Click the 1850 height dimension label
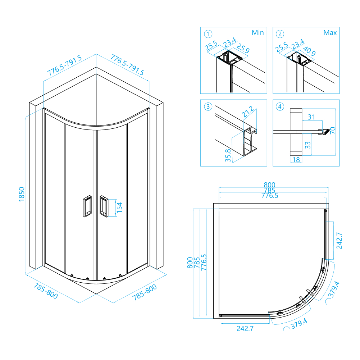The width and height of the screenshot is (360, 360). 21,194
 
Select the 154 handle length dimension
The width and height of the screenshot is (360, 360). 120,208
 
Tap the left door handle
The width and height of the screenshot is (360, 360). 86,206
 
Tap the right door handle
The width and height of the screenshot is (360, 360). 104,206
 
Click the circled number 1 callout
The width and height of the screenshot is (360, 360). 208,34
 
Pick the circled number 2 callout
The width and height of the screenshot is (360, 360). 280,34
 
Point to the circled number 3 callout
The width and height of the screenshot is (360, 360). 208,106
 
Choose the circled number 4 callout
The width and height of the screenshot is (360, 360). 280,106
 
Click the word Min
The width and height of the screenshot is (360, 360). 258,33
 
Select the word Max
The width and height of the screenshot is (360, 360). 330,33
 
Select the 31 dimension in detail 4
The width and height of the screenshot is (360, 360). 311,117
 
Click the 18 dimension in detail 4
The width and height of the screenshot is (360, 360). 296,159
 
